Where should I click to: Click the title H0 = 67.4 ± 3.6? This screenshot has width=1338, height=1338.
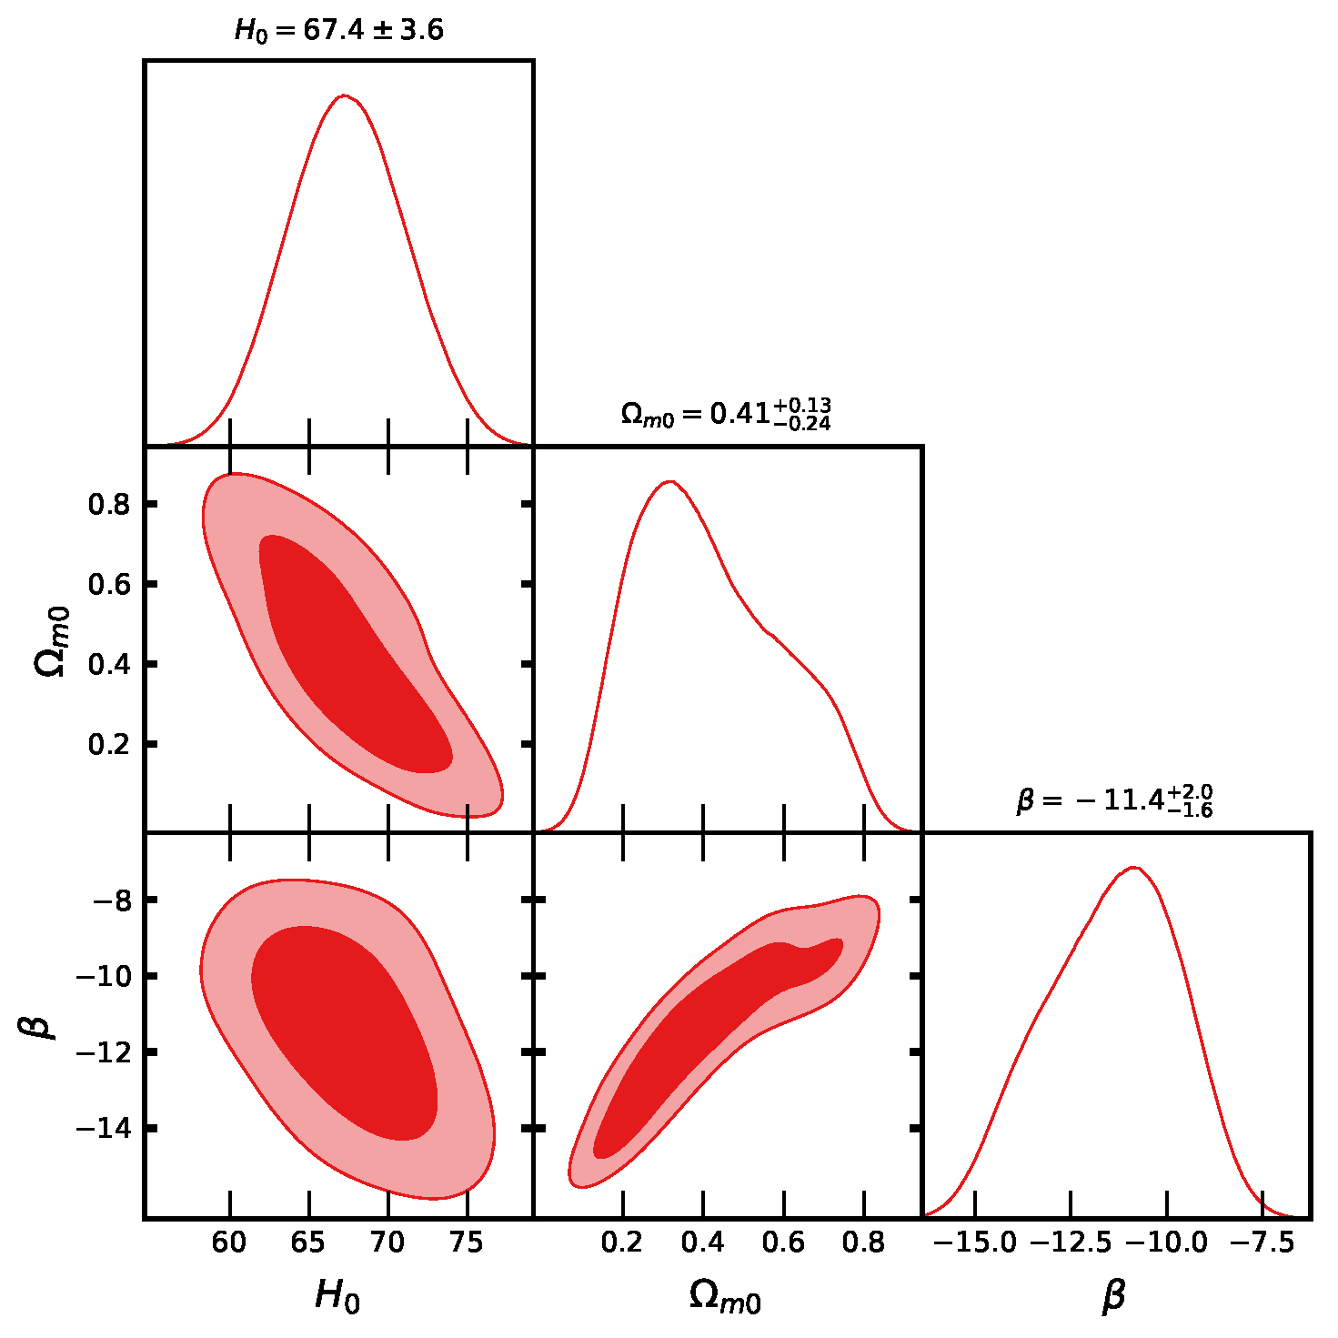[339, 31]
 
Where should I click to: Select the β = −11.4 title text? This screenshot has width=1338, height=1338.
[1114, 800]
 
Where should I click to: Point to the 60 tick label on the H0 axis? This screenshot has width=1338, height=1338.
[230, 1242]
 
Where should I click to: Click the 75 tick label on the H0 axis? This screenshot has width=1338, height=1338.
[468, 1242]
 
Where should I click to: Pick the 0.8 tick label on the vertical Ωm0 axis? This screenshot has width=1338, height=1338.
[109, 504]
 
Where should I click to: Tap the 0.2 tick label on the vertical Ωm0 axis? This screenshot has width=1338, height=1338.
[109, 744]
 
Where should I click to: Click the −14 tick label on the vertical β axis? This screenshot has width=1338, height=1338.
[103, 1128]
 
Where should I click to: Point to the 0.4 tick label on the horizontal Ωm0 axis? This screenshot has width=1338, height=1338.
[703, 1242]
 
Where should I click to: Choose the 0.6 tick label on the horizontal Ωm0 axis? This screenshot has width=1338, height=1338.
[784, 1242]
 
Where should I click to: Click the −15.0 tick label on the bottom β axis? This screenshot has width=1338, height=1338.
[974, 1242]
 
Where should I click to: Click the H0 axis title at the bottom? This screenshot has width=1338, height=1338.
[337, 1295]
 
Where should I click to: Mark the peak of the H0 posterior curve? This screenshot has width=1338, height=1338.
[344, 95]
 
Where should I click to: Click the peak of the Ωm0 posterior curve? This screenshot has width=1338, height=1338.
[669, 481]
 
